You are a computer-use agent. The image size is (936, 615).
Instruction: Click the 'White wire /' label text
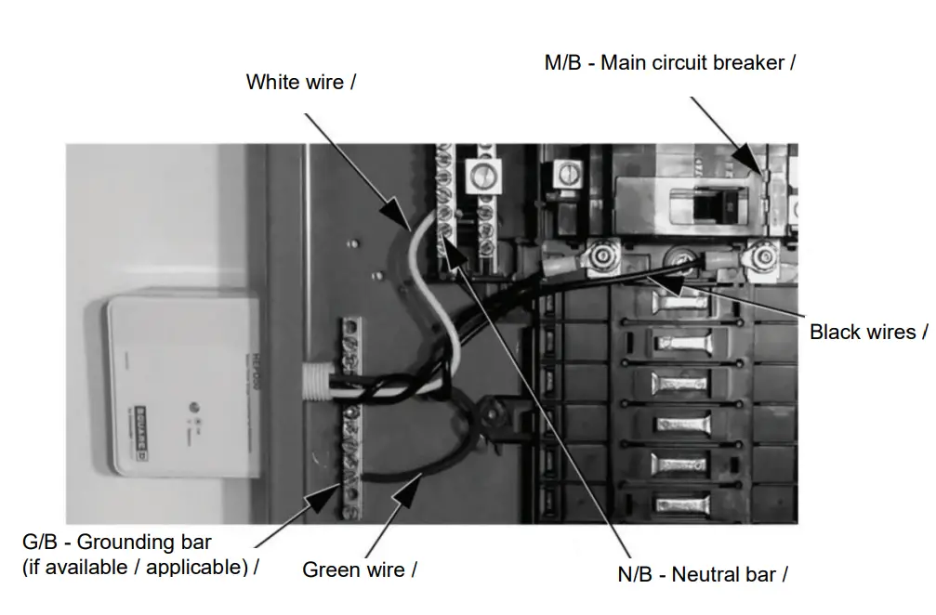pyautogui.click(x=301, y=82)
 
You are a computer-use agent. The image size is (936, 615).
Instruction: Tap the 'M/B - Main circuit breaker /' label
pyautogui.click(x=669, y=63)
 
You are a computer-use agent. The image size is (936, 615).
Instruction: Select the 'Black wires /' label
pyautogui.click(x=868, y=332)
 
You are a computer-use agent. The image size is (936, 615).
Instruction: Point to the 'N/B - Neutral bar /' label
pyautogui.click(x=703, y=574)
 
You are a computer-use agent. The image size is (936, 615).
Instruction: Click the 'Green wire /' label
pyautogui.click(x=360, y=569)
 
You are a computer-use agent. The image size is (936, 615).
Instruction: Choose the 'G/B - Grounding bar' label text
pyautogui.click(x=117, y=542)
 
